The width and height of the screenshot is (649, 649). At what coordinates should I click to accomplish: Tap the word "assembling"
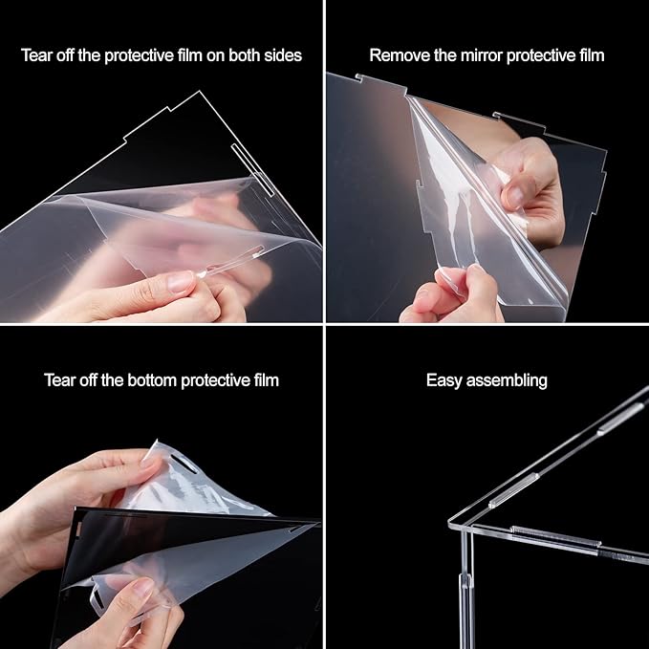coord(507,380)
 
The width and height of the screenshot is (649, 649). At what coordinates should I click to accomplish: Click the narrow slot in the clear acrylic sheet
coord(252,170)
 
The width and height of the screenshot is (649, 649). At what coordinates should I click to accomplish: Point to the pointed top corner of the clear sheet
coord(200,91)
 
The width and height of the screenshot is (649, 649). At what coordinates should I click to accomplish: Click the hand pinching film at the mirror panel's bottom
coord(451,293)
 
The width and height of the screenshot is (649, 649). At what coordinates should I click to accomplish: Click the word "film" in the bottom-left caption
coord(266,380)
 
